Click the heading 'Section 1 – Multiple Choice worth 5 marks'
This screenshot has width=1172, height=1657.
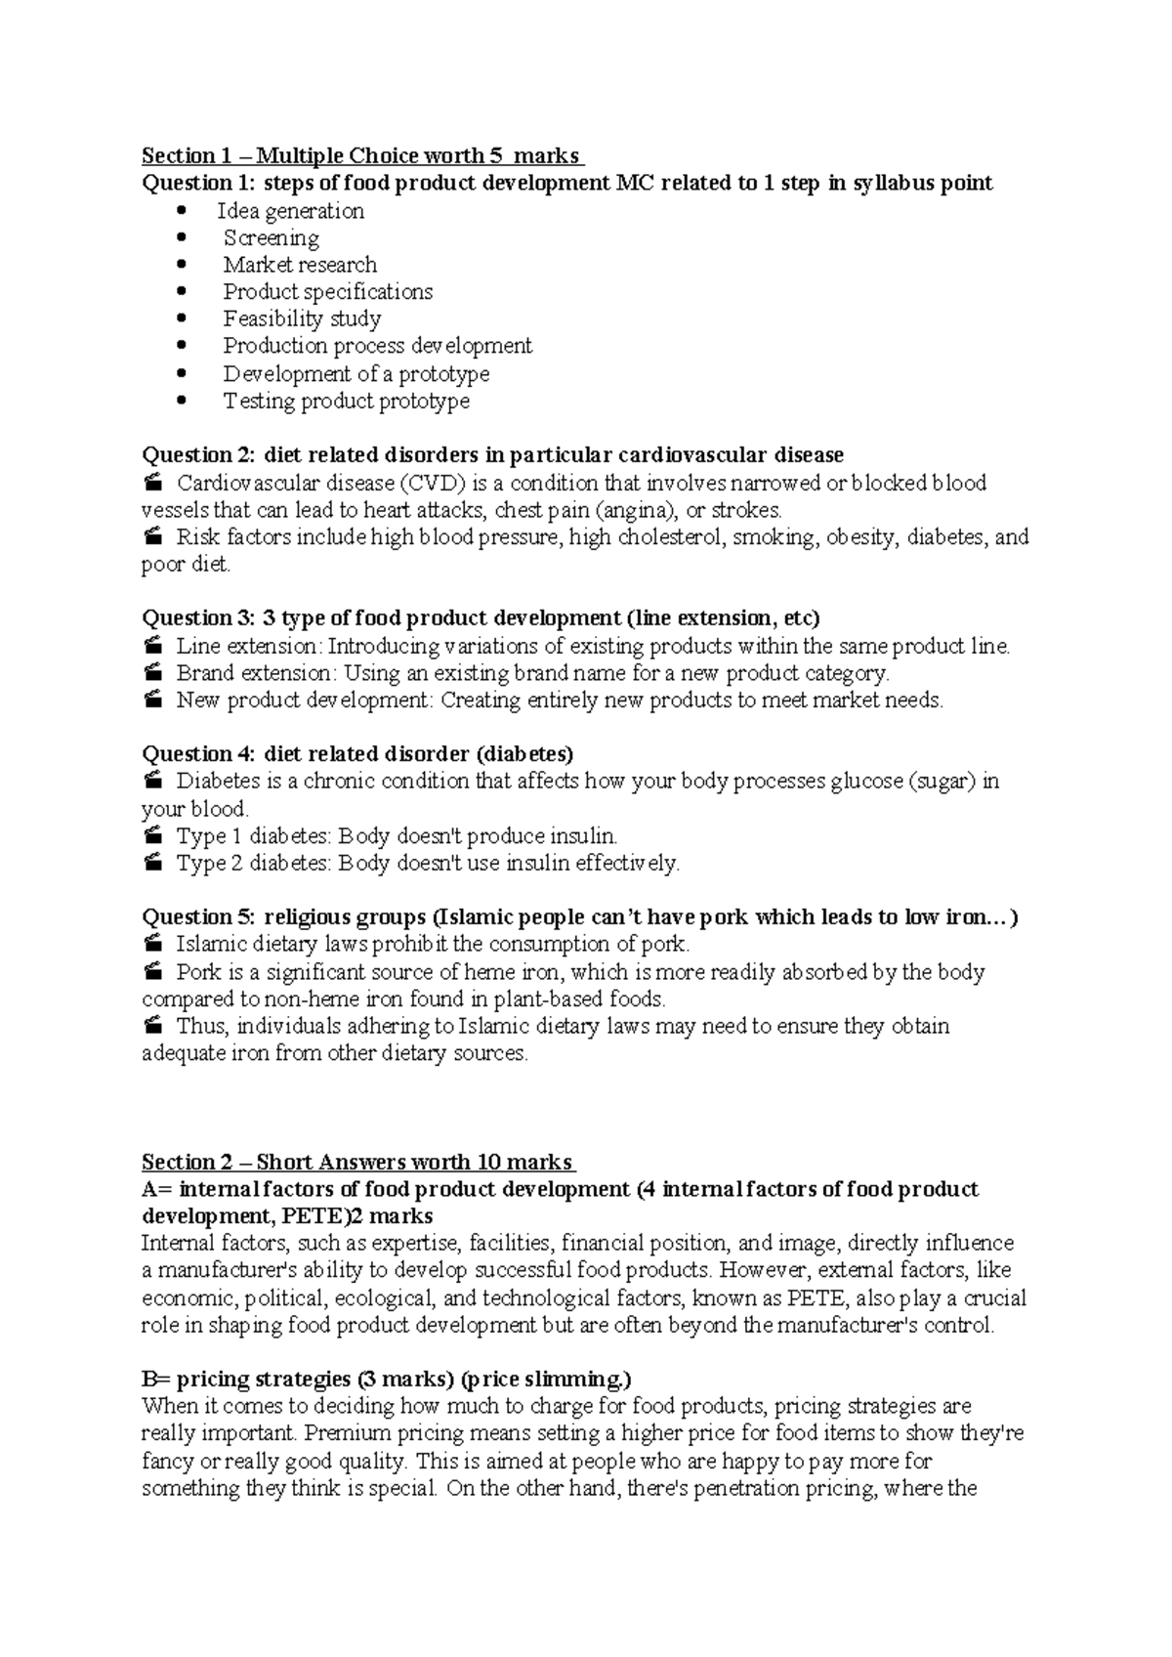(361, 156)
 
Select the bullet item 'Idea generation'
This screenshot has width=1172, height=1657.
(291, 211)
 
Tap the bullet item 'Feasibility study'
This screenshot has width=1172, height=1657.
(302, 319)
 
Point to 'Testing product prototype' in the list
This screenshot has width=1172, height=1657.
(347, 401)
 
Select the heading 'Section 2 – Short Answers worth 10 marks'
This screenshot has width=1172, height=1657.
(357, 1163)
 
